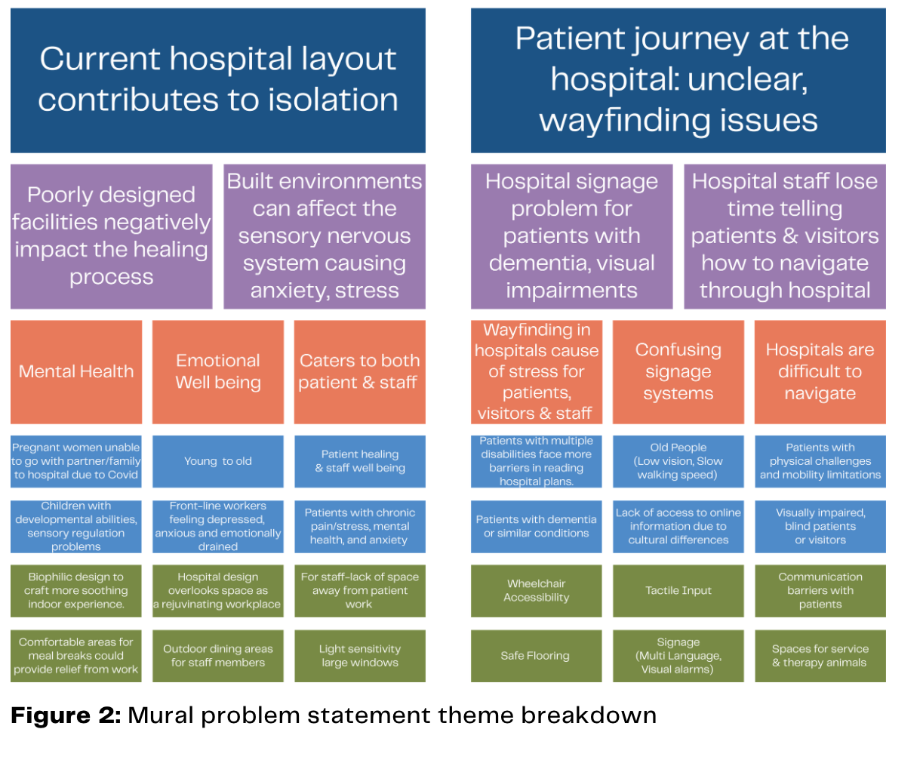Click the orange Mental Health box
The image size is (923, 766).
pos(76,371)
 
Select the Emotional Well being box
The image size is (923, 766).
pos(218,371)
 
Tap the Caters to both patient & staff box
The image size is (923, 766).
pos(359,371)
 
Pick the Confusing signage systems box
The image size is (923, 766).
pos(678,371)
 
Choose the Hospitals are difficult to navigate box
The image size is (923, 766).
pos(820,371)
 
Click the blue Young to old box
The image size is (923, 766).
pos(218,461)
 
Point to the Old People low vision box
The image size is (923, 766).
pos(678,461)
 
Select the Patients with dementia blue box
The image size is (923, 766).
pos(536,526)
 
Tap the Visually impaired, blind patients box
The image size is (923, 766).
pos(820,526)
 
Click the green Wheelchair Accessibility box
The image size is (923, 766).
pos(536,590)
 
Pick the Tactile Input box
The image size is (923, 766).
pos(678,590)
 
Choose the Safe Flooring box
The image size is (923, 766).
pos(536,656)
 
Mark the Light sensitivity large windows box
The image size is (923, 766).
pos(359,656)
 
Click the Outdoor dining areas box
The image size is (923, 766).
pos(218,656)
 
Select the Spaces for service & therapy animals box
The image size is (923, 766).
pos(820,656)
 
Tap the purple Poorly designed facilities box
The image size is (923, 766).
pos(111,236)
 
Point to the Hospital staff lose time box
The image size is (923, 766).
pos(784,236)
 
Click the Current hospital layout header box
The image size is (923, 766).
pos(218,80)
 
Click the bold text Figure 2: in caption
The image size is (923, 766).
pos(66,715)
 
